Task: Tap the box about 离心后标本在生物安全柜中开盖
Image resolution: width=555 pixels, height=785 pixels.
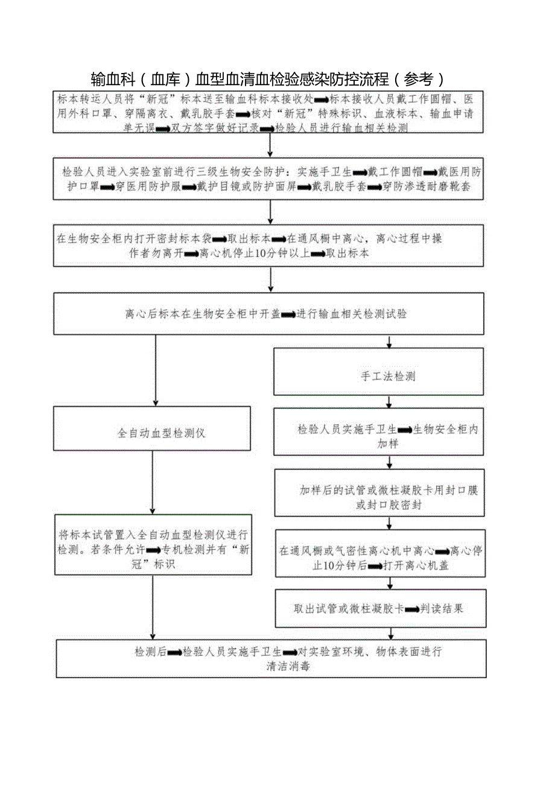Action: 269,314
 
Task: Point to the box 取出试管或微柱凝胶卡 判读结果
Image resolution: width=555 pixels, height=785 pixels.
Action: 379,609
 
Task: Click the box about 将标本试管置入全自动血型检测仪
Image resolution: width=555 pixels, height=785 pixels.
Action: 153,544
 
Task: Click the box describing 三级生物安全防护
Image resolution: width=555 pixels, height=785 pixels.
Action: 269,179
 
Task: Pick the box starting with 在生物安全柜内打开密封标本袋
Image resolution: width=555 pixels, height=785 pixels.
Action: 269,245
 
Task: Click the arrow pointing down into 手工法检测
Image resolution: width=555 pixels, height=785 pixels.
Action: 389,342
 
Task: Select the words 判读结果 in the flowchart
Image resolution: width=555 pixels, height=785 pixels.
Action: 443,609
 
